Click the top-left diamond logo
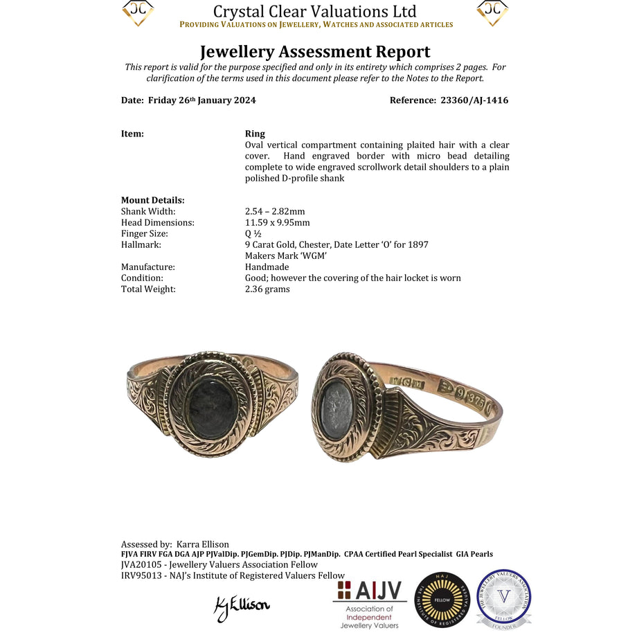click(x=138, y=12)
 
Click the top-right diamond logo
click(x=492, y=12)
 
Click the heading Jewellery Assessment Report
click(x=315, y=52)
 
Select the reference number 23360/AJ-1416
click(x=474, y=100)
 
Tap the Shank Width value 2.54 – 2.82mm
click(x=275, y=211)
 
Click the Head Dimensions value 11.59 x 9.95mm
click(x=278, y=222)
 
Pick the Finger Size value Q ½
click(x=253, y=233)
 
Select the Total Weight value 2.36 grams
click(x=267, y=289)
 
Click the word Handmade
click(x=267, y=267)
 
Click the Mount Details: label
click(x=152, y=200)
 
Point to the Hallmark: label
click(x=141, y=244)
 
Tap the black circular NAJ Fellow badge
click(x=442, y=600)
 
